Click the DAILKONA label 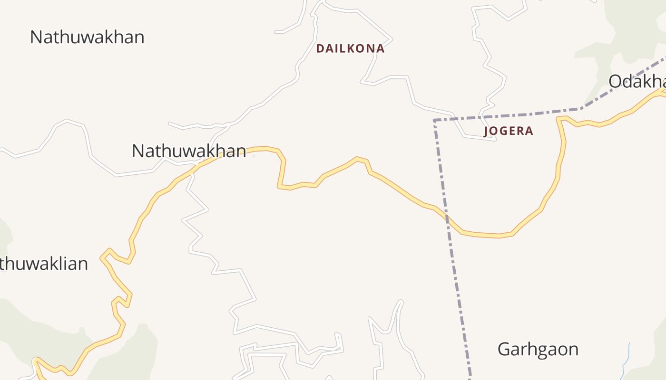tap(350, 48)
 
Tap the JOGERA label tap(508, 131)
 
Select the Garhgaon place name tap(538, 350)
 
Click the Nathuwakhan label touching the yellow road tap(189, 151)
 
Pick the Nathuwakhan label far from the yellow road tap(87, 37)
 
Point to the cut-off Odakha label tap(637, 81)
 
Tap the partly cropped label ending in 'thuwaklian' tap(44, 264)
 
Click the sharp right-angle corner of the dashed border tap(435, 121)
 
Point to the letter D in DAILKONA tap(320, 48)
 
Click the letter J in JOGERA tap(486, 132)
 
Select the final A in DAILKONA tap(380, 48)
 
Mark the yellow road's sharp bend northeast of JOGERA tap(560, 118)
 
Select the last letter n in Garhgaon tap(573, 350)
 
